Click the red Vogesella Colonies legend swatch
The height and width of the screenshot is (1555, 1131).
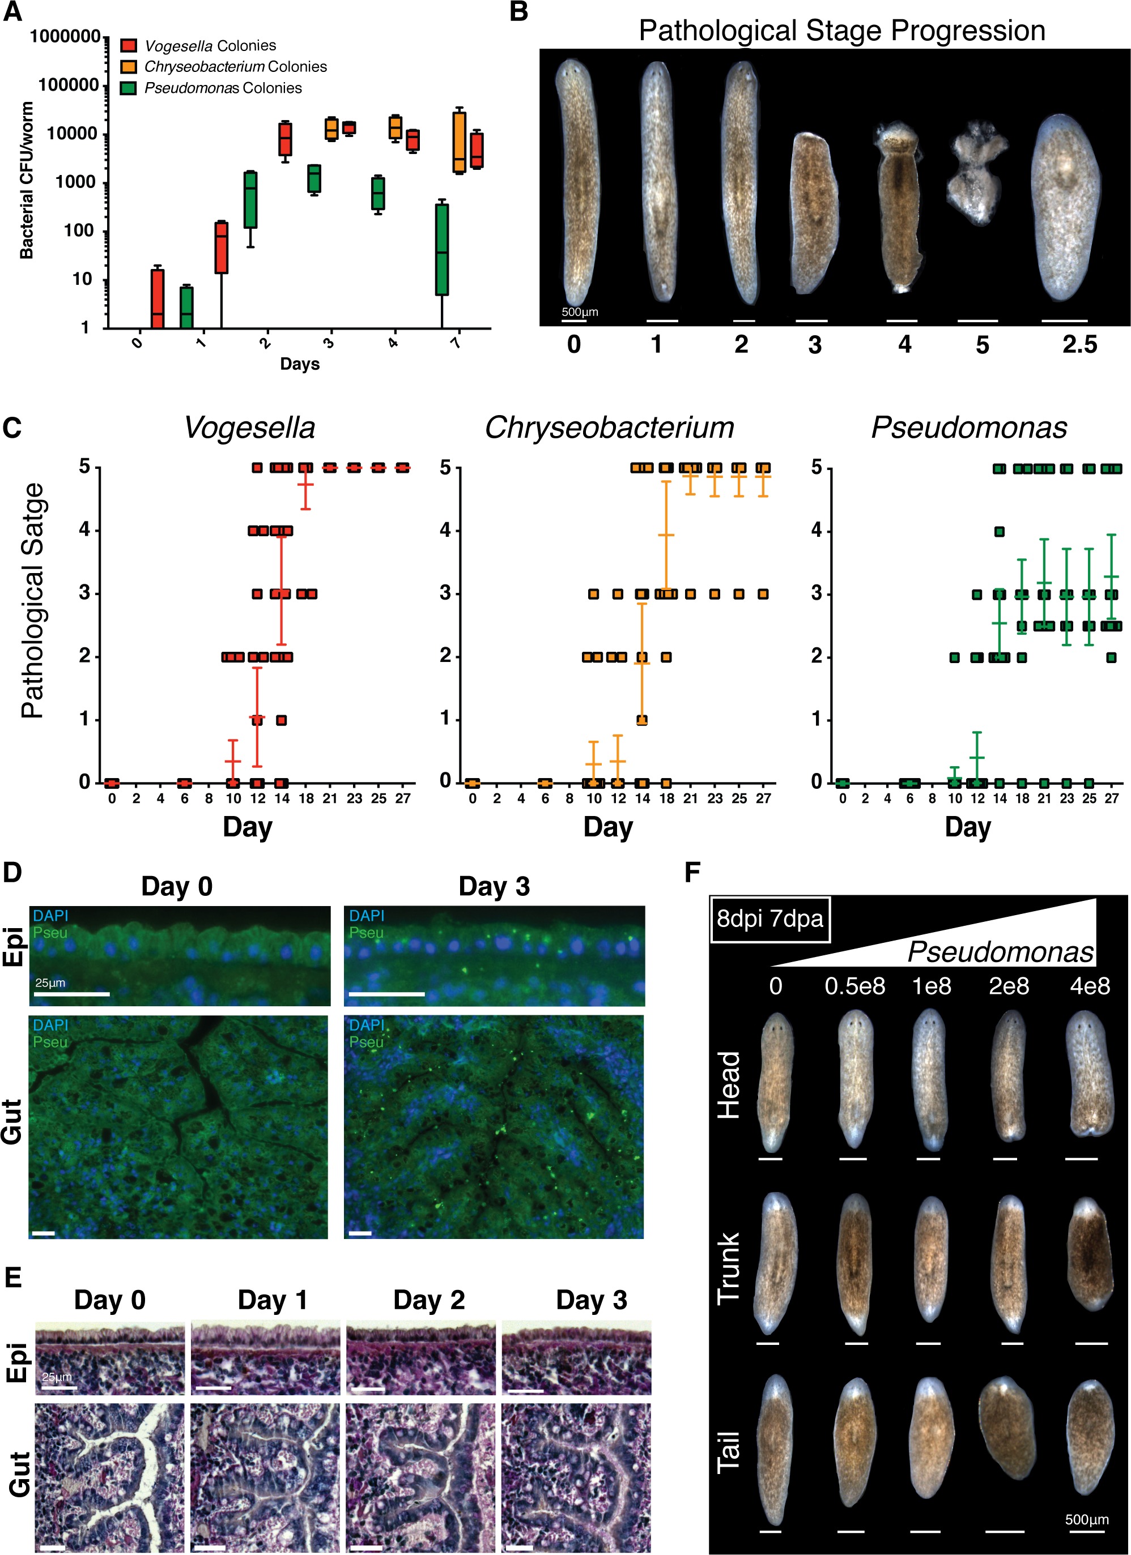[128, 46]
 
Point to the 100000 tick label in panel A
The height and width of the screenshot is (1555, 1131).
[69, 86]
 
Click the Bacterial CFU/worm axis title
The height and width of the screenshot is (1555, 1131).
[27, 180]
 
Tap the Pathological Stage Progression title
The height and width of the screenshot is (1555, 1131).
[841, 31]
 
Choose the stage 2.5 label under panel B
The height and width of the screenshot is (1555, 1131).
[1079, 344]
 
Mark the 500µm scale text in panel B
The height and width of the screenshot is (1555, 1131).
[580, 312]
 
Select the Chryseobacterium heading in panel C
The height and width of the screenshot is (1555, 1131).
[609, 428]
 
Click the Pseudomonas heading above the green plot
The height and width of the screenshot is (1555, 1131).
[968, 428]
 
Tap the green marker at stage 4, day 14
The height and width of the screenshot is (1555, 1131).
[1000, 531]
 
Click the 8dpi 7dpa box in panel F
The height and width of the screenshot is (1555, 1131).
[769, 918]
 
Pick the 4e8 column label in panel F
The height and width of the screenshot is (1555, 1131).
[1090, 985]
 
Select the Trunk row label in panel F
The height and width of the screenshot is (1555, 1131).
[728, 1266]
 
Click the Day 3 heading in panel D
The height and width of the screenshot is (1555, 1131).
[494, 887]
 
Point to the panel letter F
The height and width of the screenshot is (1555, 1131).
[693, 872]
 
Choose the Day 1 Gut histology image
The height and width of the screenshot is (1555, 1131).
[265, 1476]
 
